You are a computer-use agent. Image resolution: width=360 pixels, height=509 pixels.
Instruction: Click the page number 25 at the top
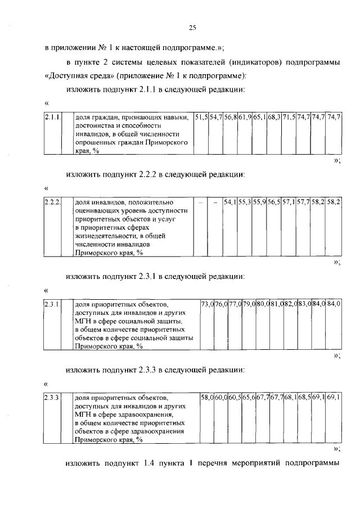click(x=192, y=28)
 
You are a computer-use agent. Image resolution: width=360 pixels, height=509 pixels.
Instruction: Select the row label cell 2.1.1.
click(x=52, y=117)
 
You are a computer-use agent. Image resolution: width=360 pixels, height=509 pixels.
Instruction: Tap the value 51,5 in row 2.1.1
click(x=201, y=117)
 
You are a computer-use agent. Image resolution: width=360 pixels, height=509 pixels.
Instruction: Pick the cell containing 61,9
click(x=245, y=117)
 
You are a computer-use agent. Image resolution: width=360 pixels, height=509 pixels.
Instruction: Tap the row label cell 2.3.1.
click(x=52, y=304)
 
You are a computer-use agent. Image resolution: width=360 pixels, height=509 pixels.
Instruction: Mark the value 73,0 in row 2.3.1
click(x=208, y=304)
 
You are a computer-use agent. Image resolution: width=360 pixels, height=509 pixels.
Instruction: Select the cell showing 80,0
click(x=263, y=304)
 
